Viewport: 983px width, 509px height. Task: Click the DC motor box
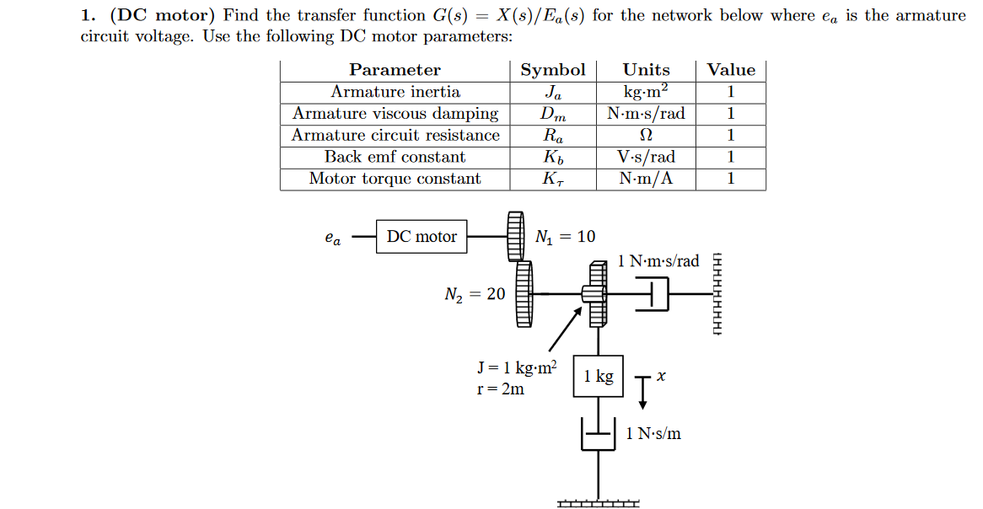422,237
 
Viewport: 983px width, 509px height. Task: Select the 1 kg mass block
599,376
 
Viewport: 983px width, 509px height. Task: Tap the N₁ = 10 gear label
565,237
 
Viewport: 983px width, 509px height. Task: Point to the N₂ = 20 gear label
475,294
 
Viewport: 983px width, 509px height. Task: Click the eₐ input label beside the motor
333,238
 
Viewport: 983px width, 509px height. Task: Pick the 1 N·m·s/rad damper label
658,261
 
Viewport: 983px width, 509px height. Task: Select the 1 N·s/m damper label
653,434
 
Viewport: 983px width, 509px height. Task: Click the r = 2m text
500,389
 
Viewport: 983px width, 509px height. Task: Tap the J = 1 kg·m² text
517,367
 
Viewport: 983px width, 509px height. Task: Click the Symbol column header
552,70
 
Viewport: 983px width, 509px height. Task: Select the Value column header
731,70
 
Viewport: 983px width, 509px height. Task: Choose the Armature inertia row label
395,92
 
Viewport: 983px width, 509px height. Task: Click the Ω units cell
647,136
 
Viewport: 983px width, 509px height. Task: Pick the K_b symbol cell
553,158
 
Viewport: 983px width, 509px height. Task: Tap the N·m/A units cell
646,179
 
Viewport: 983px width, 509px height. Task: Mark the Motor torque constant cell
395,179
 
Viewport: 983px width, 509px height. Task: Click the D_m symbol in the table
553,114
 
